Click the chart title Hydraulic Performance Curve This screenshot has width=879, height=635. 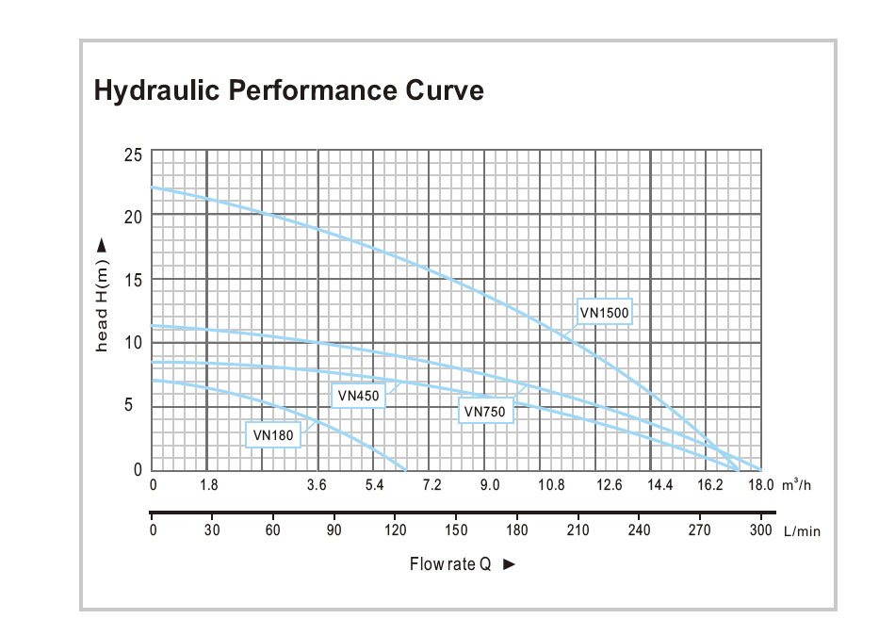tap(288, 90)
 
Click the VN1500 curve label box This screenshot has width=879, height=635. tap(604, 312)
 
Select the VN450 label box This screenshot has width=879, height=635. tap(358, 396)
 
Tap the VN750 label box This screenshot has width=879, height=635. tap(485, 411)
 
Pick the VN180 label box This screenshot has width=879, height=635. tap(273, 434)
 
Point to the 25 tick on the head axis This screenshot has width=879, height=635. tap(133, 154)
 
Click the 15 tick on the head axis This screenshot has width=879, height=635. tap(134, 280)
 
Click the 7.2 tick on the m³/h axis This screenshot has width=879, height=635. tap(431, 486)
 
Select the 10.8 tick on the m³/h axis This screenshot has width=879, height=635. tap(551, 486)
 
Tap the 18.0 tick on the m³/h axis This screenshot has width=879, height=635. tap(760, 486)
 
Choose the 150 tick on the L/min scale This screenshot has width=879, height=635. tap(455, 530)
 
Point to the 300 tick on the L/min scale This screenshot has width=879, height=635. tap(760, 530)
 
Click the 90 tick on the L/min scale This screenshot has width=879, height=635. tap(334, 530)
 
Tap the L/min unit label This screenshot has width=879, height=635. tap(802, 531)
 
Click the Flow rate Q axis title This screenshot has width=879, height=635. tap(450, 564)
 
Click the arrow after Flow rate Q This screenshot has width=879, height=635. tap(510, 564)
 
